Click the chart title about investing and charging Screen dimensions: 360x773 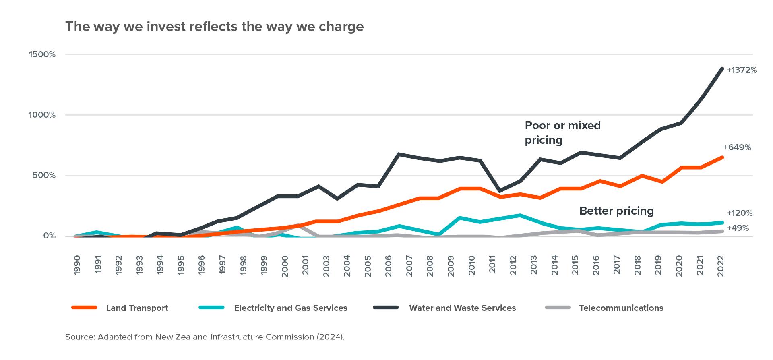[214, 27]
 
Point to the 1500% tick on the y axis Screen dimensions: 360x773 [42, 54]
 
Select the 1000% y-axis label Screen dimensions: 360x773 [42, 115]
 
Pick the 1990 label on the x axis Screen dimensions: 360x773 [77, 265]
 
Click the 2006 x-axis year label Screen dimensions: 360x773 [389, 265]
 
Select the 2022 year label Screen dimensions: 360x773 [721, 265]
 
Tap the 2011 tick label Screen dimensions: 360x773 [492, 265]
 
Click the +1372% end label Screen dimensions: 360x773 [742, 70]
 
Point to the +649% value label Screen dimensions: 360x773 [737, 148]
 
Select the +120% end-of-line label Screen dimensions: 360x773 [739, 213]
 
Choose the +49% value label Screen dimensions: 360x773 [738, 228]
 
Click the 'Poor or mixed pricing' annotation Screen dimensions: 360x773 [562, 132]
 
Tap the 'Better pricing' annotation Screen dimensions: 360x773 [616, 211]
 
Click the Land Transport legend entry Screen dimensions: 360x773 [137, 308]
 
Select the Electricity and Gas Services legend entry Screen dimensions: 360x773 [290, 308]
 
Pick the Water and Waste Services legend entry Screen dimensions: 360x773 [462, 308]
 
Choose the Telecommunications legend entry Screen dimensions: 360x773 [621, 308]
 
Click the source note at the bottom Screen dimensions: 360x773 [205, 337]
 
